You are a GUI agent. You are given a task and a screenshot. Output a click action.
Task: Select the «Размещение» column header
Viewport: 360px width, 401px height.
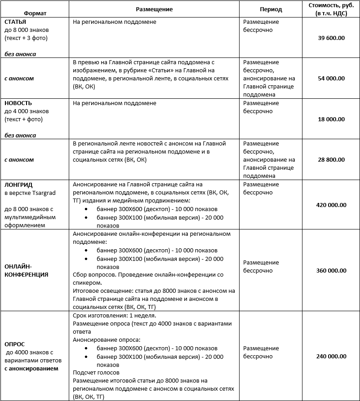[x=154, y=9]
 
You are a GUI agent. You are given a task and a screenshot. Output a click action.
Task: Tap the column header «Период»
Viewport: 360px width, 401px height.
[x=271, y=9]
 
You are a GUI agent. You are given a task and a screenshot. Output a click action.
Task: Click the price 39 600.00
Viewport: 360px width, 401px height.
[x=331, y=38]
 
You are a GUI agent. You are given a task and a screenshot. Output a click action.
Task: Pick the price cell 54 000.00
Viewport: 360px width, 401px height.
[x=331, y=79]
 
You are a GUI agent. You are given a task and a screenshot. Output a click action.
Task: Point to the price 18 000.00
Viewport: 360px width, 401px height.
[x=331, y=119]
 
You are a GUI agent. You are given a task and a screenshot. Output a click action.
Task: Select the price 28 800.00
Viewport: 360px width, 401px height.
[x=331, y=160]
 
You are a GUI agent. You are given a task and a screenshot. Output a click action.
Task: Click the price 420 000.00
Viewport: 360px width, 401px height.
[x=331, y=205]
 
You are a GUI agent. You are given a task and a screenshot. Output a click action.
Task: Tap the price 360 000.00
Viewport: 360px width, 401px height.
[x=331, y=271]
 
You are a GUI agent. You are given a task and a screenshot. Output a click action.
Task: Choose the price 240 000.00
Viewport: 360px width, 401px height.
[x=331, y=357]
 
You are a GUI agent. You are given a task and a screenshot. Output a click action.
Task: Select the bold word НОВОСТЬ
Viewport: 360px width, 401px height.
[x=18, y=103]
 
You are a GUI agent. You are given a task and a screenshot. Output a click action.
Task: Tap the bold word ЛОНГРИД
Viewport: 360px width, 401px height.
[x=18, y=185]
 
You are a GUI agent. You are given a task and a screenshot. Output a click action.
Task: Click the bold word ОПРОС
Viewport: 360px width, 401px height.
[x=14, y=344]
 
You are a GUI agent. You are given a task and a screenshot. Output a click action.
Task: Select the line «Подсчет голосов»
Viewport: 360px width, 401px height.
[x=96, y=373]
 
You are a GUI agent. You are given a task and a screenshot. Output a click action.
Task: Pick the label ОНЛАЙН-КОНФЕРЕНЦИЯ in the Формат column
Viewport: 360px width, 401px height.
[x=26, y=271]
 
